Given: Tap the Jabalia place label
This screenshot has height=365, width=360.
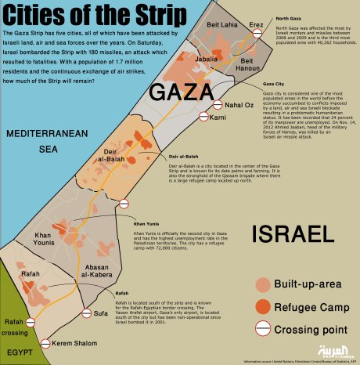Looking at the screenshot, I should (x=206, y=59).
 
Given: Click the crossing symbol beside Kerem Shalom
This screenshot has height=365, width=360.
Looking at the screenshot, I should (x=46, y=343).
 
